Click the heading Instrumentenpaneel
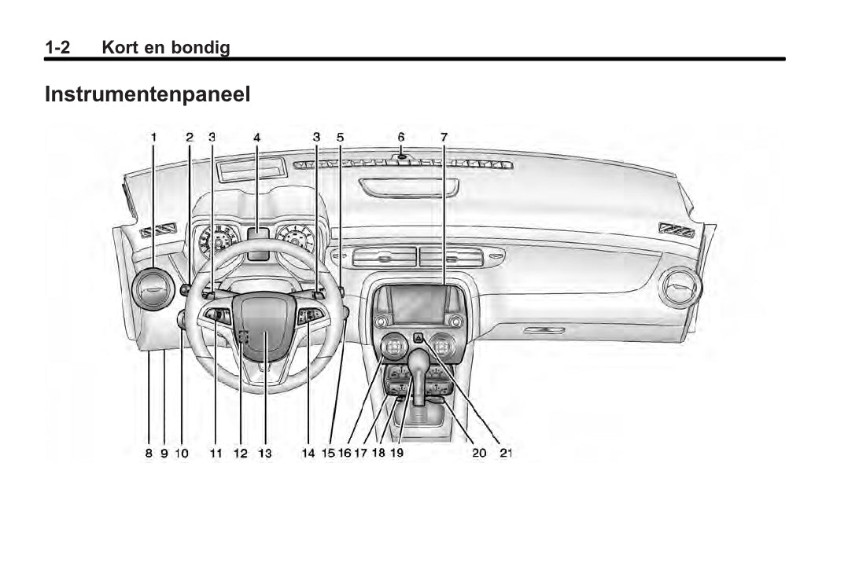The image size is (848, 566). click(x=147, y=95)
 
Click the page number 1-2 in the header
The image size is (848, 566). click(x=57, y=48)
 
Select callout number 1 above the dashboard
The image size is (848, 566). click(x=154, y=137)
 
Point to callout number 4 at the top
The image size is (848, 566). click(x=256, y=137)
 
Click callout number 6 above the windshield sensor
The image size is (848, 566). click(x=401, y=137)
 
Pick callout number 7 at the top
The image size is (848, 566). click(x=444, y=137)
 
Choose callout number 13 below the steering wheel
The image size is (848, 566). click(x=265, y=453)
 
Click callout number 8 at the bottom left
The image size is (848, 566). click(x=148, y=453)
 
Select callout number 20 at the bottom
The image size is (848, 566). click(x=479, y=453)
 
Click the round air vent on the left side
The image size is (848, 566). click(x=153, y=290)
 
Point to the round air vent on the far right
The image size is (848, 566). click(x=679, y=287)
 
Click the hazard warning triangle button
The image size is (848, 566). click(x=418, y=338)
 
